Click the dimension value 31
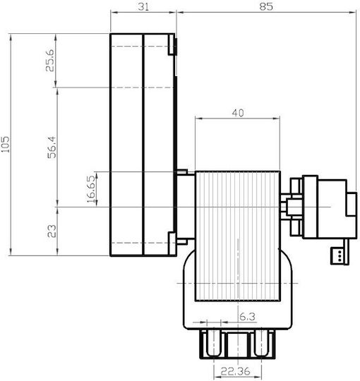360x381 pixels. (x=143, y=6)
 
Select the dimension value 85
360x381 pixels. (x=266, y=6)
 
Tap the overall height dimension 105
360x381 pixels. (x=6, y=145)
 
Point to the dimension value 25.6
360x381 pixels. (x=50, y=60)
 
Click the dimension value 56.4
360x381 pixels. (x=52, y=147)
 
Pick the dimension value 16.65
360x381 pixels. (x=91, y=189)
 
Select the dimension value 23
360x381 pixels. (x=52, y=231)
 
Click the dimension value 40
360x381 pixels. (x=237, y=113)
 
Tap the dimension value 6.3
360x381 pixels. (x=248, y=317)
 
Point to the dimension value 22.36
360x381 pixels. (x=235, y=371)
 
